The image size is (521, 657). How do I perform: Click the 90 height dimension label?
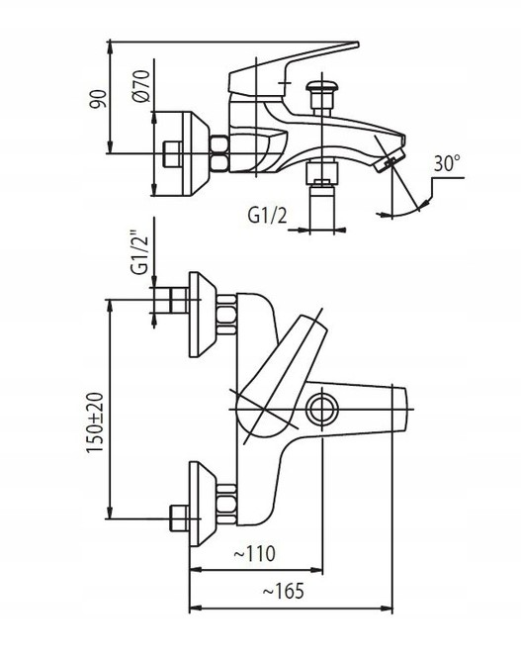[99, 99]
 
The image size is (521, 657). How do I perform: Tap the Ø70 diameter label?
[140, 86]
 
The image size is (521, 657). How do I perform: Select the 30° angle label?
[447, 163]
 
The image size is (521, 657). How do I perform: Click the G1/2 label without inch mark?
[267, 216]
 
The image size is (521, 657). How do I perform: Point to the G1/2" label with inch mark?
[139, 253]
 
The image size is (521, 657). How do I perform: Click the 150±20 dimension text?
[95, 422]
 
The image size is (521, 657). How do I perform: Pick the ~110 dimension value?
[254, 553]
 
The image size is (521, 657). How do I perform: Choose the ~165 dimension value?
[283, 592]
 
